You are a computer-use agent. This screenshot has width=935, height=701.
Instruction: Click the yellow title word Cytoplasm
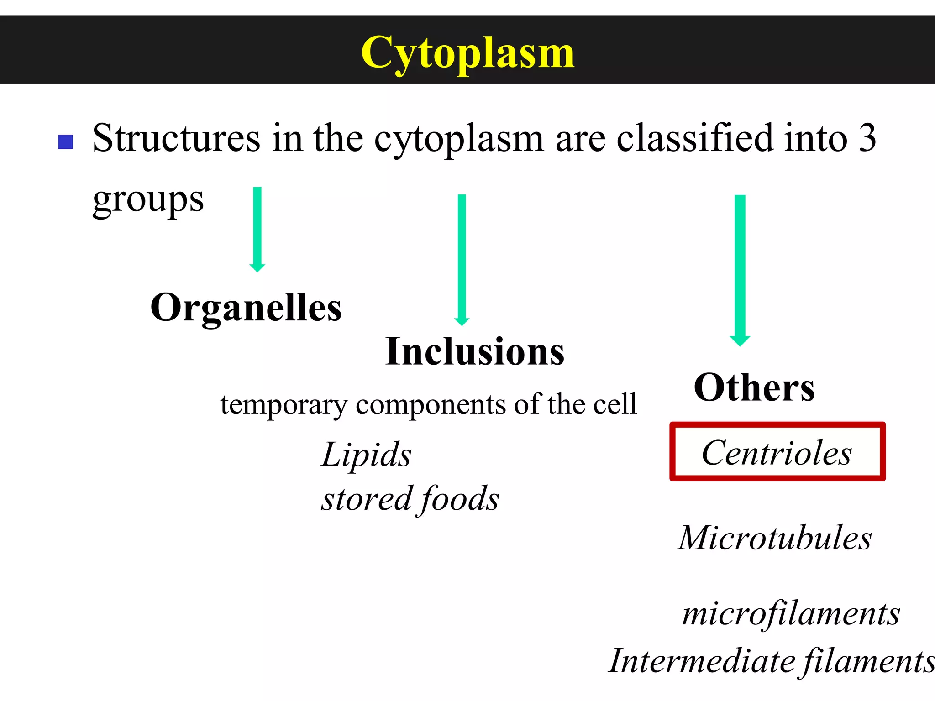point(467,53)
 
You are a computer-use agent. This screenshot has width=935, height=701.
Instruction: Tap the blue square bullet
point(66,142)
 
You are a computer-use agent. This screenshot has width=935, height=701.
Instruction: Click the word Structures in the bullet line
point(176,138)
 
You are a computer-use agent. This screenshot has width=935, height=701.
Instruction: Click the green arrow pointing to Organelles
point(257,228)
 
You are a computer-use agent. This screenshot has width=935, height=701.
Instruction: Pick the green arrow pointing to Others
point(740,269)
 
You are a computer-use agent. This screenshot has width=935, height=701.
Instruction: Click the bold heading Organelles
point(246,308)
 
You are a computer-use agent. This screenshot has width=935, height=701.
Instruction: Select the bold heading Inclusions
point(475,351)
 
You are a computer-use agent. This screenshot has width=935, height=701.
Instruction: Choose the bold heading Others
point(754,387)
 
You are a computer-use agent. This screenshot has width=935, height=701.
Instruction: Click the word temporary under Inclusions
point(284,404)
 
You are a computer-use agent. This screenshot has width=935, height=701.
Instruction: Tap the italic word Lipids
point(366,455)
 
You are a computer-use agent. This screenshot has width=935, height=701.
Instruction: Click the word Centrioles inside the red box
point(777,453)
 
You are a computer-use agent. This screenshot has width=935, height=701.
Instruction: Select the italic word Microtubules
point(775,538)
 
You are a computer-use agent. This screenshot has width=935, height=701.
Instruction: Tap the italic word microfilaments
point(791,613)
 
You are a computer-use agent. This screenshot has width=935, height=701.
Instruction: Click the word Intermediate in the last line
point(703,661)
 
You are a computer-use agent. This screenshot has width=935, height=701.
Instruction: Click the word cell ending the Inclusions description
point(615,404)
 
